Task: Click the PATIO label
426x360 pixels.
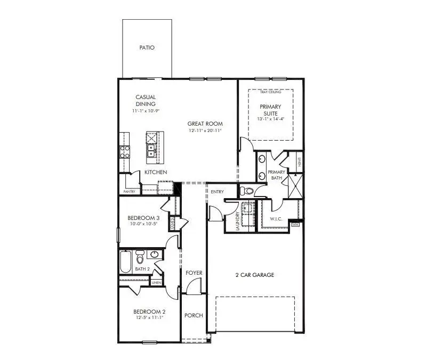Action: [x=147, y=48]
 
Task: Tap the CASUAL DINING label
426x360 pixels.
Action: [x=145, y=101]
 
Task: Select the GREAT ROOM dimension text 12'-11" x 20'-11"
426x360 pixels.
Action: [x=205, y=130]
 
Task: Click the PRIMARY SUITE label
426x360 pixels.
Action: [x=270, y=110]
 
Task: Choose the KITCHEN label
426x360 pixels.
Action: [x=156, y=172]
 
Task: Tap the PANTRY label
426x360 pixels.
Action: [x=129, y=191]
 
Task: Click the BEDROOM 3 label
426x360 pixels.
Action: [x=143, y=218]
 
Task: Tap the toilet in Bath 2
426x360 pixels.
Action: [x=140, y=258]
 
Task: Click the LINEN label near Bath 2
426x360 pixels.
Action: [x=157, y=283]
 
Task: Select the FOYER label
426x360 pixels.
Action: [x=194, y=273]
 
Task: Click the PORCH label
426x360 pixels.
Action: [x=194, y=315]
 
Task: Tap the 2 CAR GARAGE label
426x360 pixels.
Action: [x=254, y=275]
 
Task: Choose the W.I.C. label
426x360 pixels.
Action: [x=276, y=218]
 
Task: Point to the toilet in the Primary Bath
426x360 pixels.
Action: [x=247, y=191]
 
